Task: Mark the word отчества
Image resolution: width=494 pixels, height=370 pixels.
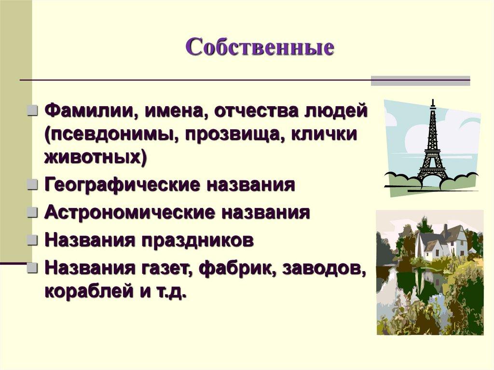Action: [256, 112]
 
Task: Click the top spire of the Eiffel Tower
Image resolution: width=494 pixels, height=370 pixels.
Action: [432, 102]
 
